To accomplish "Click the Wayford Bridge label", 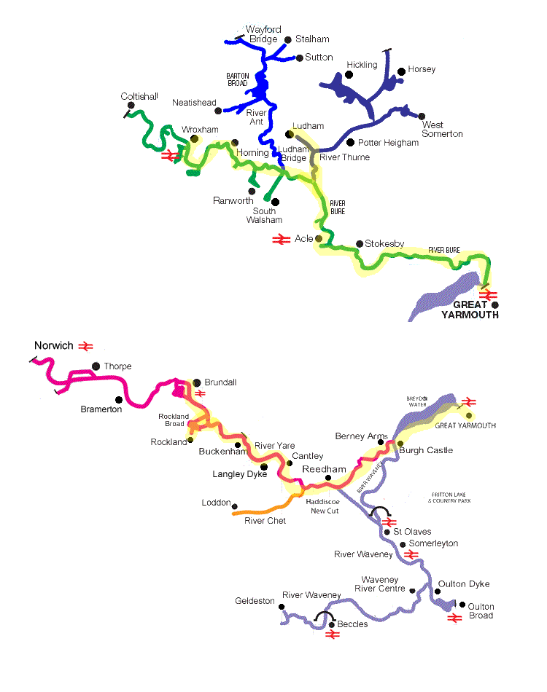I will pyautogui.click(x=262, y=34).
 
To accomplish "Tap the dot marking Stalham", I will pyautogui.click(x=288, y=39).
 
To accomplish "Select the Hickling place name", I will pyautogui.click(x=362, y=65).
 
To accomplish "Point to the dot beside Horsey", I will pyautogui.click(x=401, y=71).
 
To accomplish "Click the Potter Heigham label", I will pyautogui.click(x=389, y=143).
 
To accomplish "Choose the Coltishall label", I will pyautogui.click(x=139, y=96).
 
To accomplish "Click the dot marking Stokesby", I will pyautogui.click(x=359, y=244).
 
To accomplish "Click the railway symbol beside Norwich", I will pyautogui.click(x=86, y=346).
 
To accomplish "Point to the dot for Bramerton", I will pyautogui.click(x=119, y=399).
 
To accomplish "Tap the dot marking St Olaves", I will pyautogui.click(x=387, y=532).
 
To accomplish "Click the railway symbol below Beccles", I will pyautogui.click(x=333, y=634).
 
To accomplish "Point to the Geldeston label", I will pyautogui.click(x=255, y=601).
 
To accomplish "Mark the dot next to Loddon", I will pyautogui.click(x=235, y=506).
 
